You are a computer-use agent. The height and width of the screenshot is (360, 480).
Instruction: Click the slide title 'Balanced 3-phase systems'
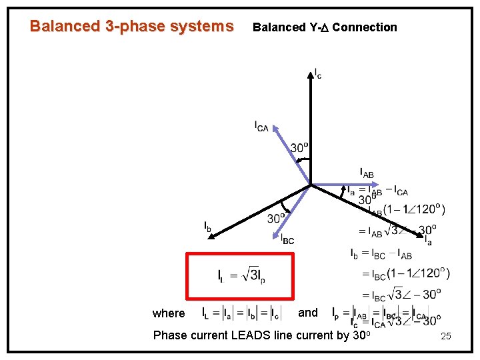tap(132, 27)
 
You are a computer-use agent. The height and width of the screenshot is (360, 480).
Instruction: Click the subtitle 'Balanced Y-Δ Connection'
tap(325, 27)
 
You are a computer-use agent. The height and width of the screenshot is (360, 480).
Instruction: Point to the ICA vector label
tap(261, 126)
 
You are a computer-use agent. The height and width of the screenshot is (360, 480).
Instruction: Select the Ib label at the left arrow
tap(208, 227)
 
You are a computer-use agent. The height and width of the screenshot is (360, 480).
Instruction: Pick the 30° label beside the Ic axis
tap(299, 147)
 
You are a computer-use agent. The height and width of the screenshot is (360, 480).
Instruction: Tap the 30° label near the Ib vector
tap(277, 218)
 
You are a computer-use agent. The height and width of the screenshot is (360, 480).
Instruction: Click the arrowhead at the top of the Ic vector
tap(311, 71)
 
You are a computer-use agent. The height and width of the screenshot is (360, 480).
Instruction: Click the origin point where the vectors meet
tap(311, 185)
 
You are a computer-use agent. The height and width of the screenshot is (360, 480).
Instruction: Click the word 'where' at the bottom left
tap(169, 313)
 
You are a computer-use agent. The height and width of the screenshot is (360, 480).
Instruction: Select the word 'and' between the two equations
tap(308, 312)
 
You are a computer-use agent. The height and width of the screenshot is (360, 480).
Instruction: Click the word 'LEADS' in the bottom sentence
tap(249, 335)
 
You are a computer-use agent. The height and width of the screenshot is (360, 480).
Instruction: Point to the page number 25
tap(446, 337)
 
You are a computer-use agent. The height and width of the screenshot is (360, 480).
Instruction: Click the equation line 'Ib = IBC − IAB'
tap(381, 253)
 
